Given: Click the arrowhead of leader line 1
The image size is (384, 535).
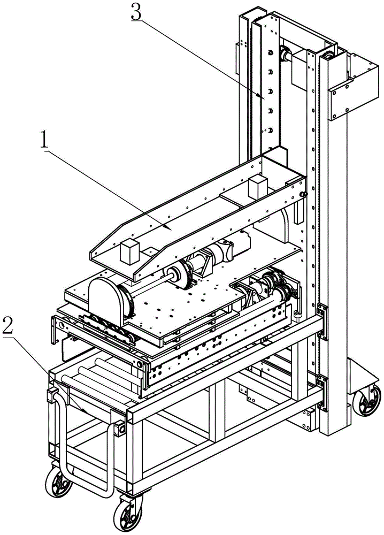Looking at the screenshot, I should tap(170, 228).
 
